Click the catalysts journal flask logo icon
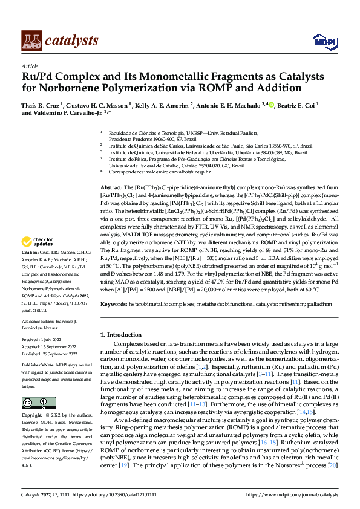pyautogui.click(x=30, y=40)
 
